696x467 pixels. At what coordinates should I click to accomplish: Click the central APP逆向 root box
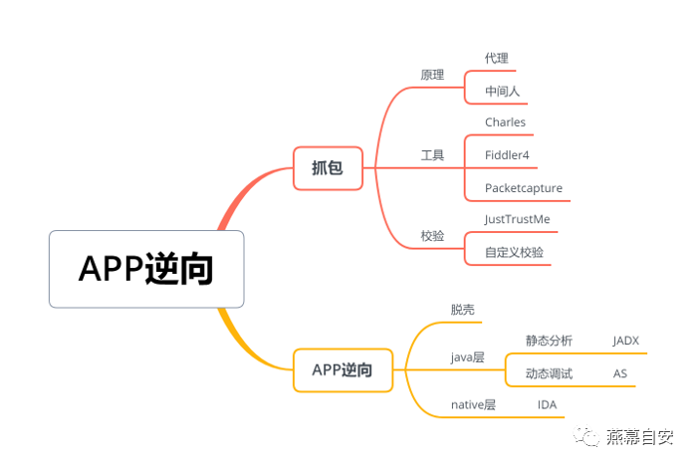(146, 269)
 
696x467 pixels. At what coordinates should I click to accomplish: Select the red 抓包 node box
(328, 167)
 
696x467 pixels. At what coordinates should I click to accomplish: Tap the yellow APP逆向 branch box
(343, 369)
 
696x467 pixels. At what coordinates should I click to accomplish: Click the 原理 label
(432, 75)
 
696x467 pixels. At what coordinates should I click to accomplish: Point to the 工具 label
(432, 155)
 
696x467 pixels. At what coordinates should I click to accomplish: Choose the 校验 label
(432, 236)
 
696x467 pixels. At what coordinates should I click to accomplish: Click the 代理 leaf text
(496, 59)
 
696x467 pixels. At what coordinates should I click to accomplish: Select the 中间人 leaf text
(502, 92)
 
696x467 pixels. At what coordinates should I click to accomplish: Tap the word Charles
(505, 122)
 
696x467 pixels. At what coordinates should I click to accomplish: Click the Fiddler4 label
(507, 155)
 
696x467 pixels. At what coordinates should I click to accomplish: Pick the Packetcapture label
(524, 188)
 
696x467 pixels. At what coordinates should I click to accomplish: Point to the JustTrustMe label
(517, 219)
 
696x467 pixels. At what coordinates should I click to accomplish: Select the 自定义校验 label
(514, 252)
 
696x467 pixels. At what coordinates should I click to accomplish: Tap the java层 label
(467, 356)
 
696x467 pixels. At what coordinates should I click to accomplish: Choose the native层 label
(473, 404)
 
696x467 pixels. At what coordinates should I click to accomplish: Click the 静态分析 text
(549, 341)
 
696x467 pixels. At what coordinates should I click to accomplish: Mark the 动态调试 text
(549, 373)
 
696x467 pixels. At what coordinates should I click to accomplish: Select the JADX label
(625, 341)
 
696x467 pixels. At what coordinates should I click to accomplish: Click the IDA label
(547, 404)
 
